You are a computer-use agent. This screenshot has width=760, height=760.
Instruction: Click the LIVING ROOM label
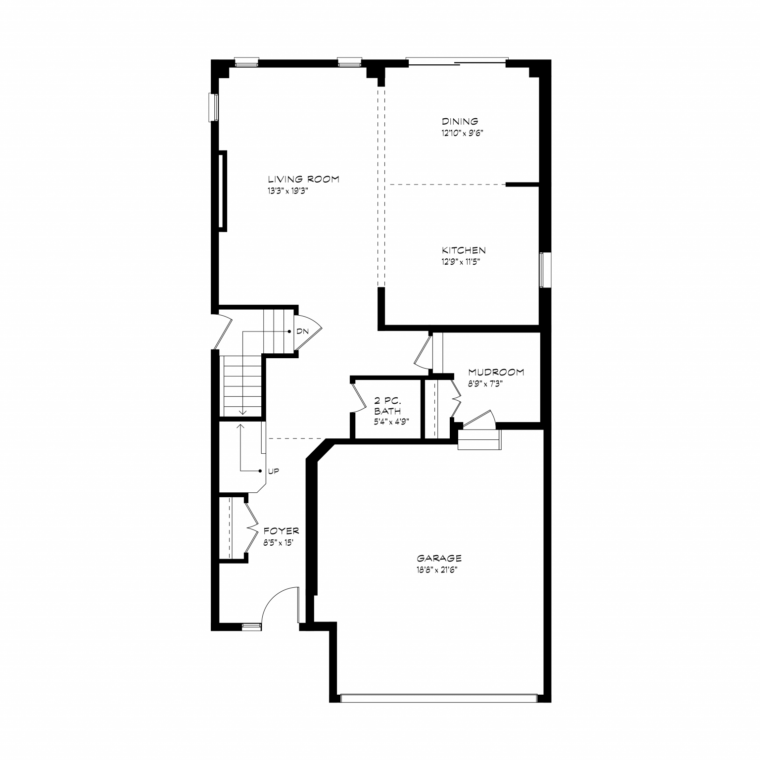click(x=303, y=179)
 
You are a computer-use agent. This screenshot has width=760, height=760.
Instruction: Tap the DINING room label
click(x=460, y=121)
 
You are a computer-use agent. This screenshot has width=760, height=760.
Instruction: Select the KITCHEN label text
click(x=464, y=250)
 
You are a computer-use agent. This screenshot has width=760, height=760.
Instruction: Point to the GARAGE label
click(x=439, y=558)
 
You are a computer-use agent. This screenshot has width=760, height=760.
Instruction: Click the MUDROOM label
click(x=496, y=372)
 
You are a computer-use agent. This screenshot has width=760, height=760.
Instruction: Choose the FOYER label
click(x=281, y=531)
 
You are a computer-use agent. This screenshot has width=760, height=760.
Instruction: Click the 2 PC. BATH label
click(x=387, y=406)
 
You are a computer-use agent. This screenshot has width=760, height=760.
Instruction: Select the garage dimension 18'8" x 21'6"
click(x=437, y=570)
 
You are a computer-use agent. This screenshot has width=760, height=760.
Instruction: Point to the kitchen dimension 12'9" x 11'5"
click(x=461, y=262)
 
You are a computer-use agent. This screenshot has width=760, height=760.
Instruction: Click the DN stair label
click(x=302, y=331)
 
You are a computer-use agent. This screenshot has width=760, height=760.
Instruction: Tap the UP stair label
click(x=273, y=471)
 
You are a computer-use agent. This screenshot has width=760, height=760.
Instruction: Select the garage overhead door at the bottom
click(x=438, y=698)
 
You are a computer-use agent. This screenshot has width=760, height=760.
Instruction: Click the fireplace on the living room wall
click(x=223, y=191)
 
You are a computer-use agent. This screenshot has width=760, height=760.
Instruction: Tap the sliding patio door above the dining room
click(x=457, y=61)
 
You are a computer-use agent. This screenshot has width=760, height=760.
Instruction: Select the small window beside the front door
click(x=251, y=627)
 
